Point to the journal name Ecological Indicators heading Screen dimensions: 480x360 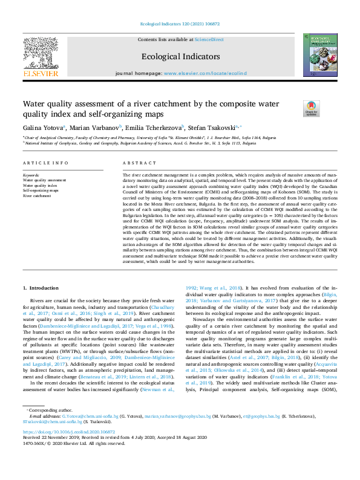click(180, 56)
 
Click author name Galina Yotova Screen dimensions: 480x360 click(42, 128)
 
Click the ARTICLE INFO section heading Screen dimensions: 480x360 click(45, 164)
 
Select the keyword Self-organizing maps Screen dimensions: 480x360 click(41, 190)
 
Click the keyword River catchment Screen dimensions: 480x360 click(37, 196)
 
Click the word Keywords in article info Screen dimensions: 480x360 click(31, 175)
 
